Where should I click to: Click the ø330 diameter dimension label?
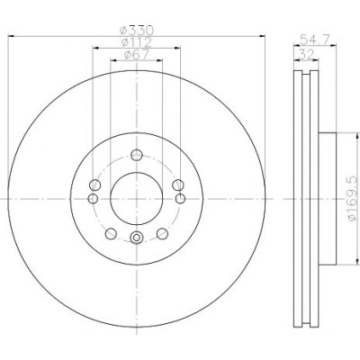point(137,30)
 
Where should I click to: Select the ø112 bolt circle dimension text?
point(137,42)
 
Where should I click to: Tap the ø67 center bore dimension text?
point(137,55)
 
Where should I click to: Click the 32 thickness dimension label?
point(306,54)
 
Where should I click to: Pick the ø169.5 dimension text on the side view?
point(354,198)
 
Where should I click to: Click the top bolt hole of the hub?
point(137,155)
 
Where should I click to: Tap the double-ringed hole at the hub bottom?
point(137,238)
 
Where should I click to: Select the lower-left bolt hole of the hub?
point(111,233)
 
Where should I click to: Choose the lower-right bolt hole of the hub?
point(162,233)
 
